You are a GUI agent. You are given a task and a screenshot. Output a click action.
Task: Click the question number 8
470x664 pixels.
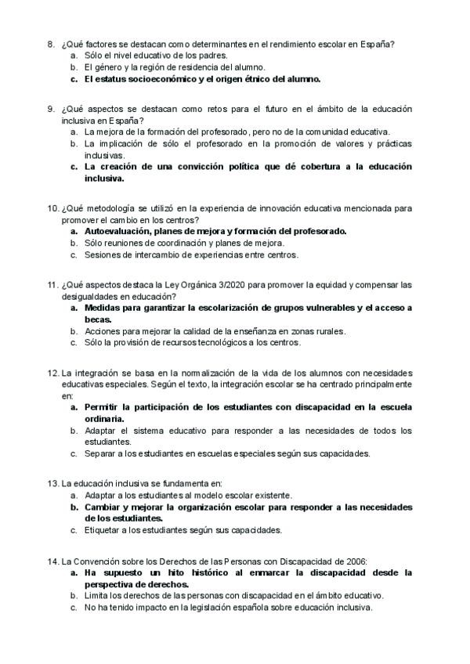51,45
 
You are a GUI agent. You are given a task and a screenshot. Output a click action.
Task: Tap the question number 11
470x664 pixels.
52,285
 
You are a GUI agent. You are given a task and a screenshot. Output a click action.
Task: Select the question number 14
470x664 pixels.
52,561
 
